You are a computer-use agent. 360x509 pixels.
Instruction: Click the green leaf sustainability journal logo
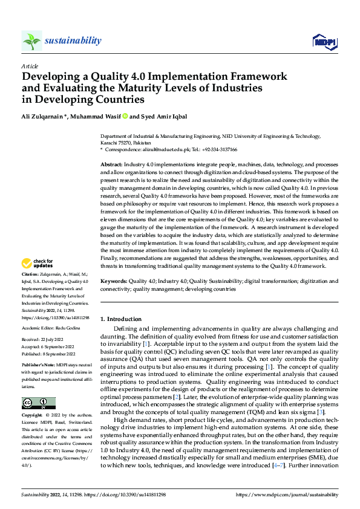pyautogui.click(x=32, y=41)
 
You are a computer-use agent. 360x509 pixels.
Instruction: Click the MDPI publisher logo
pyautogui.click(x=324, y=41)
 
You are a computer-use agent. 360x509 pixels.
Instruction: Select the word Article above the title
pyautogui.click(x=29, y=65)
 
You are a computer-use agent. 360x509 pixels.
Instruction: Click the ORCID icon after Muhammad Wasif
pyautogui.click(x=125, y=116)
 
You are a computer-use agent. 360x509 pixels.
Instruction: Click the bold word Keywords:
pyautogui.click(x=114, y=281)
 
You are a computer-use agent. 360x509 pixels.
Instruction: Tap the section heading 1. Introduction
pyautogui.click(x=121, y=319)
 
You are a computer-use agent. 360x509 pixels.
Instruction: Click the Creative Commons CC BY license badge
pyautogui.click(x=39, y=403)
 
